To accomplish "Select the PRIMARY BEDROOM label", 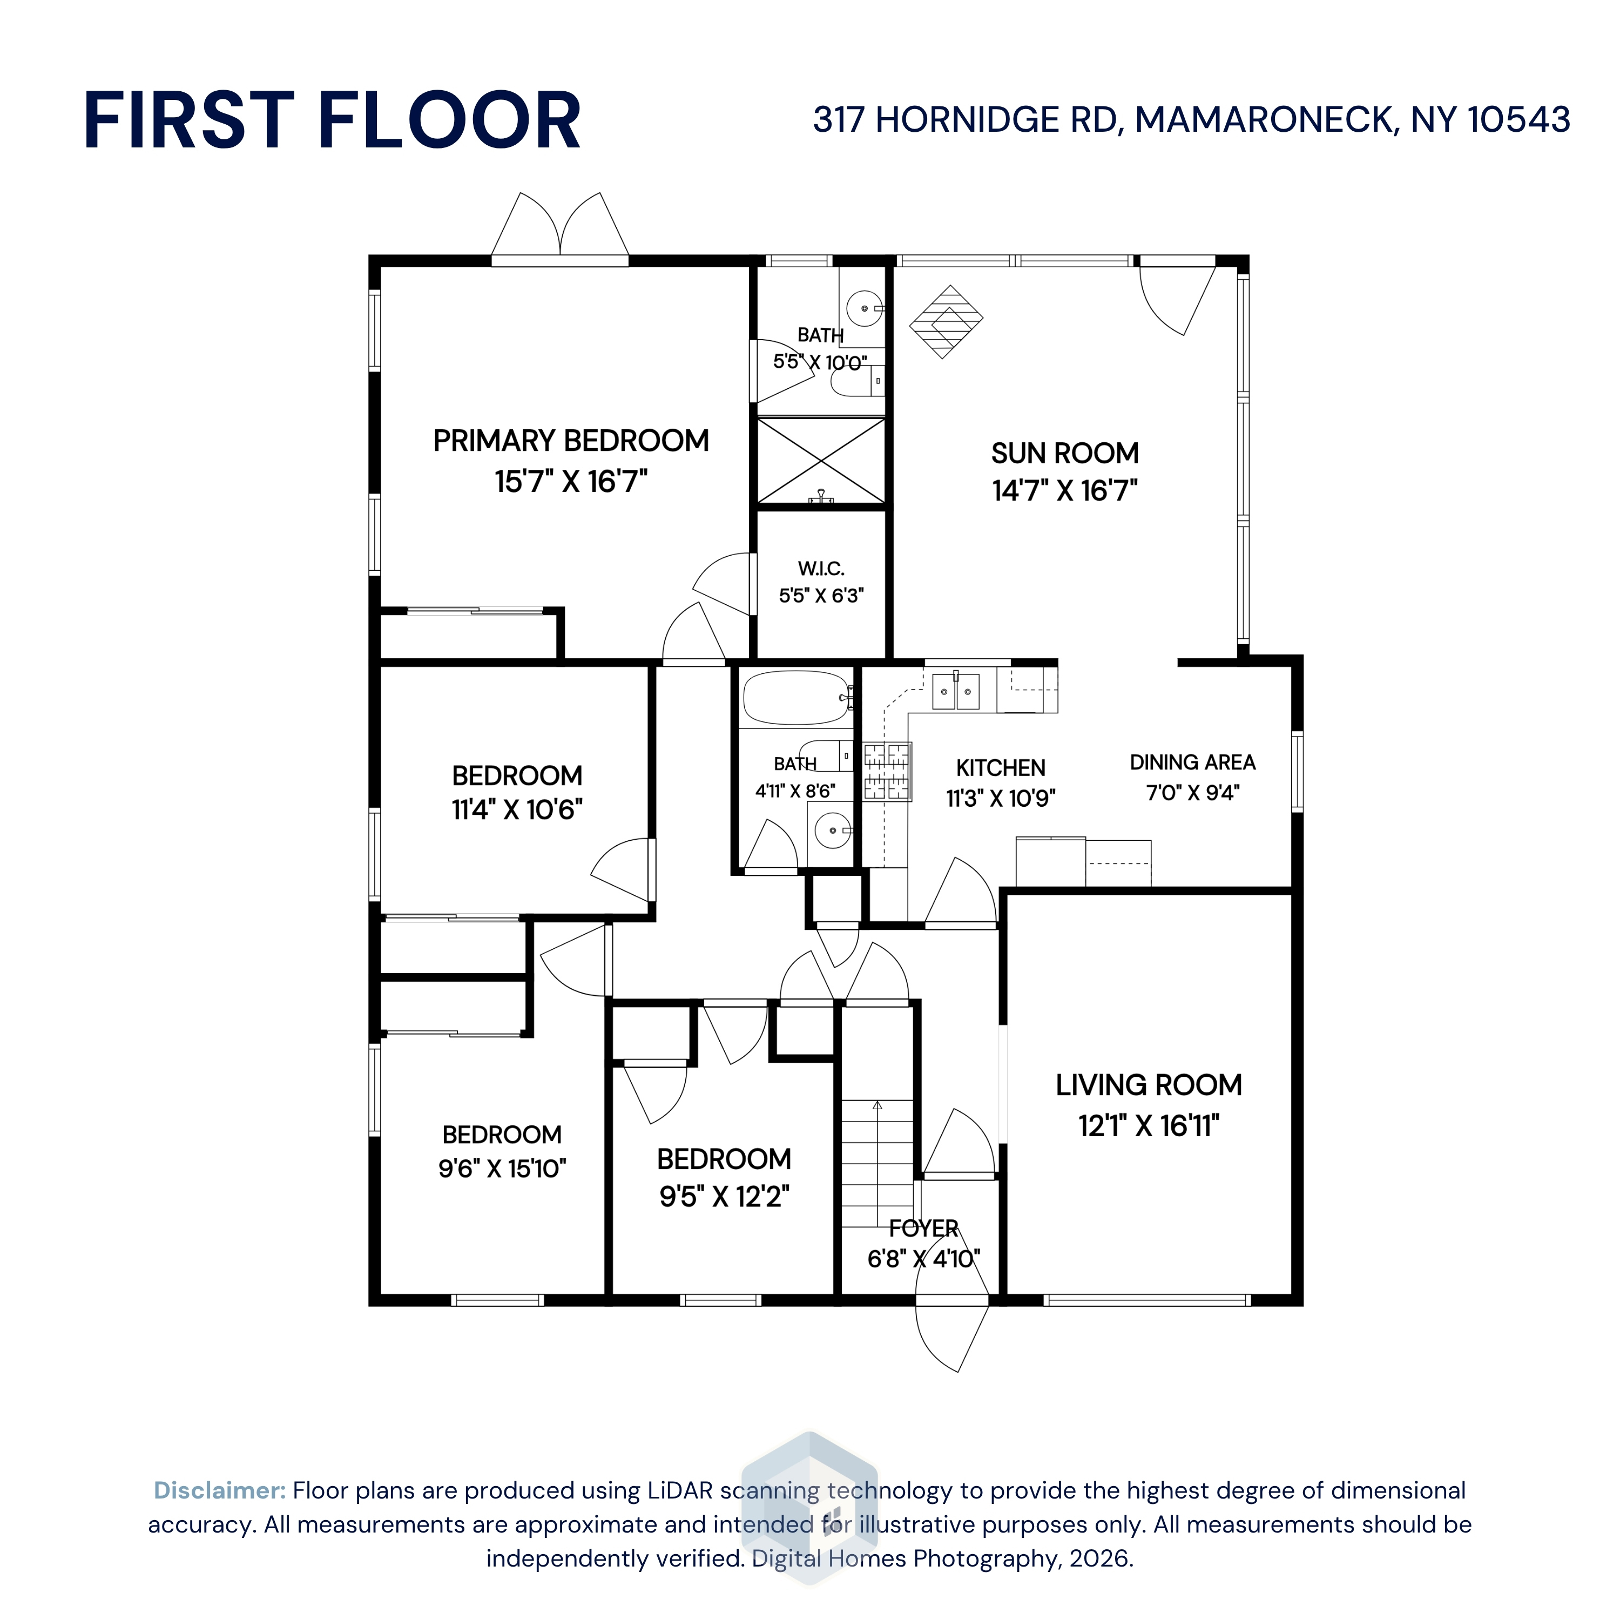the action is pyautogui.click(x=571, y=440).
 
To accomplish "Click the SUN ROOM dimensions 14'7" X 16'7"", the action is pyautogui.click(x=1065, y=490).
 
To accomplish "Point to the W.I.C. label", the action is pyautogui.click(x=821, y=569).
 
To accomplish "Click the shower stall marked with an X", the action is pyautogui.click(x=821, y=460).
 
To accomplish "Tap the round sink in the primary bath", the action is pyautogui.click(x=865, y=308).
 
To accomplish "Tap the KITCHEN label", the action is pyautogui.click(x=1000, y=768).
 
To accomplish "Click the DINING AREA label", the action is pyautogui.click(x=1192, y=762).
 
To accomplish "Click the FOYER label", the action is pyautogui.click(x=923, y=1228).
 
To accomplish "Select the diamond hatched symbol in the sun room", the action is pyautogui.click(x=946, y=321).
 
